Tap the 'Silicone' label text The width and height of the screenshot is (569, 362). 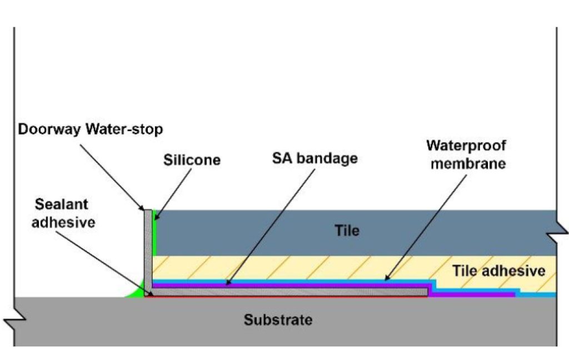tap(192, 160)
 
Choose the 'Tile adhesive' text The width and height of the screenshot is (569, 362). tap(498, 271)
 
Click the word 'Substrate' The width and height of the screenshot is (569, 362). tap(278, 320)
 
